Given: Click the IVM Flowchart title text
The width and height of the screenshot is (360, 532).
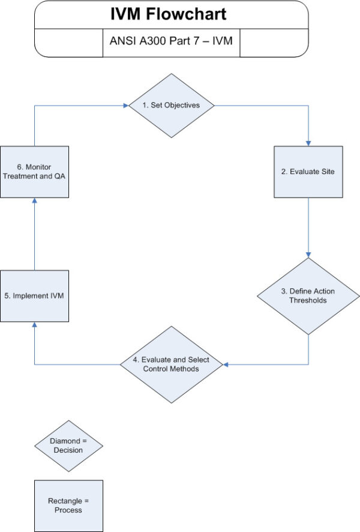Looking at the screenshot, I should click(x=172, y=14).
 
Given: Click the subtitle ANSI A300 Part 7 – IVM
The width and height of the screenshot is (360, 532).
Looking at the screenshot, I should click(x=172, y=43).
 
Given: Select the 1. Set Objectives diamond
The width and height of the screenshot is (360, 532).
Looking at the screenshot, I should click(x=172, y=105).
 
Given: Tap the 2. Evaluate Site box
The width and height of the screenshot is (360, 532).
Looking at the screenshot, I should click(x=308, y=172).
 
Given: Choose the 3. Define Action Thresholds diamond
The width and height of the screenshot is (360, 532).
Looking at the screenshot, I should click(x=308, y=296).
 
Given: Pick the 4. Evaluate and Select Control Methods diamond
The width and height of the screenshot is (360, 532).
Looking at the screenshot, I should click(x=172, y=364).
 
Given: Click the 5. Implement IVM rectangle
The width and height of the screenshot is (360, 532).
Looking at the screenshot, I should click(x=34, y=296).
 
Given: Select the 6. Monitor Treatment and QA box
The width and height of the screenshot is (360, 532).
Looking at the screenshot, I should click(x=34, y=172).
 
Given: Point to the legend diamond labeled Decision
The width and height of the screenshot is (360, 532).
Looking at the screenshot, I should click(x=68, y=446).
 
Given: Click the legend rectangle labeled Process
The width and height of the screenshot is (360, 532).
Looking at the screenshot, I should click(x=68, y=506).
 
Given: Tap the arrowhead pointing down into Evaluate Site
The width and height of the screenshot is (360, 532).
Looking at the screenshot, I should click(x=308, y=143).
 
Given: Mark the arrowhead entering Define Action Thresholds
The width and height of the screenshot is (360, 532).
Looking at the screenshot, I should click(x=308, y=255).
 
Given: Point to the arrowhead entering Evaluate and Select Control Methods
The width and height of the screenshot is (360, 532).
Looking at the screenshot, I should click(x=221, y=364).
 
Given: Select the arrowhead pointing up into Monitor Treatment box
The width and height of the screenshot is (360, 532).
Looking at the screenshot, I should click(x=34, y=201).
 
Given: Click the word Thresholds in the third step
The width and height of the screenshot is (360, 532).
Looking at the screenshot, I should click(x=308, y=300).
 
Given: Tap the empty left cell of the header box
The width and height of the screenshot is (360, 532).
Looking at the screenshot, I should click(x=68, y=43).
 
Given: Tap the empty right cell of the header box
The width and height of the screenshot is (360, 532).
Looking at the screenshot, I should click(x=274, y=43).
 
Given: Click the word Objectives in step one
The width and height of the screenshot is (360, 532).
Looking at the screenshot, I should click(x=183, y=105).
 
